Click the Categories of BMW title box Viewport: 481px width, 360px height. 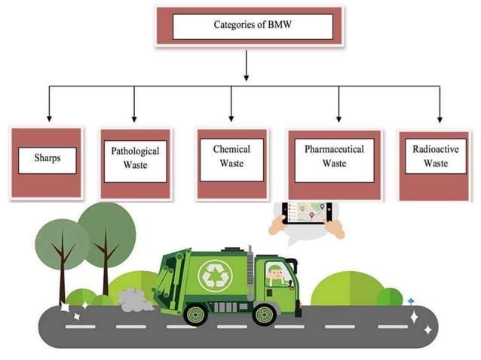coord(249,26)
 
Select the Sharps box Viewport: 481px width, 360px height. coord(47,160)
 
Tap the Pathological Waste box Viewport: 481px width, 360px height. coord(136,159)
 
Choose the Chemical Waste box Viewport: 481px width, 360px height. coord(231,157)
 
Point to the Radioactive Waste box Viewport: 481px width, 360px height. coord(435,157)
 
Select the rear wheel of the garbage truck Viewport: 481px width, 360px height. coord(195,312)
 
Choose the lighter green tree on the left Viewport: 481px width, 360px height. coord(62,245)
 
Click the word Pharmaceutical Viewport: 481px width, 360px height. coord(334,149)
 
